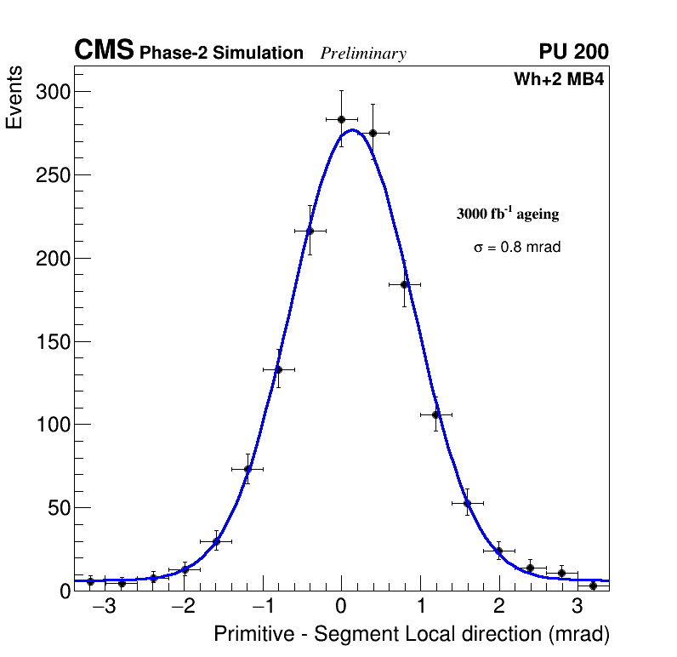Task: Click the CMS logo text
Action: click(x=104, y=51)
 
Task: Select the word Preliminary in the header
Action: click(x=363, y=54)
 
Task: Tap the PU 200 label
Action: click(x=573, y=52)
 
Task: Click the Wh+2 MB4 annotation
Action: click(x=559, y=80)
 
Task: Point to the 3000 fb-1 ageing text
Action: click(x=508, y=214)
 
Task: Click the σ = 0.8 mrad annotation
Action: click(x=517, y=248)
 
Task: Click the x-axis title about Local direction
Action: click(x=412, y=635)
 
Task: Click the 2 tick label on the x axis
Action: click(x=498, y=608)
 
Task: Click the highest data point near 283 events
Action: click(x=341, y=119)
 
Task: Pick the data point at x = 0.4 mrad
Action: click(x=373, y=133)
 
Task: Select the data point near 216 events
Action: click(x=310, y=231)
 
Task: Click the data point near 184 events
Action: click(x=405, y=284)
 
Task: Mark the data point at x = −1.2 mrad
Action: click(x=247, y=469)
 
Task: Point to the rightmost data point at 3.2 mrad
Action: click(x=593, y=586)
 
